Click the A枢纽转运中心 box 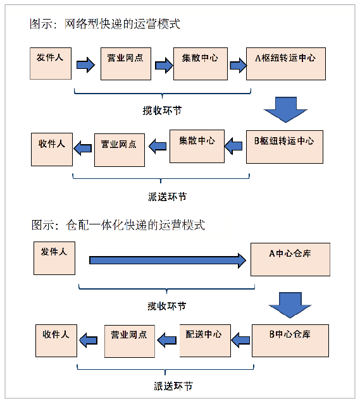286,64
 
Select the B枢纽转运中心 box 285,147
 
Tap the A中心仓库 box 290,259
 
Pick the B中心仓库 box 290,341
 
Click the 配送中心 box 205,341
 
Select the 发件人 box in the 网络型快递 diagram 51,63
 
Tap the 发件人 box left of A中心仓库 54,258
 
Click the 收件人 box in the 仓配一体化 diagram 56,341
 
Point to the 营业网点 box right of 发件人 126,64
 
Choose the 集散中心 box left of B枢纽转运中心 197,146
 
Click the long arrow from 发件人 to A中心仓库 168,260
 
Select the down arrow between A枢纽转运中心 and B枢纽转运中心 285,110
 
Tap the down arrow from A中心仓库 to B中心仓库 290,305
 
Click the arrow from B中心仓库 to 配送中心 240,340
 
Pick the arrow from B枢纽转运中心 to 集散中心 233,146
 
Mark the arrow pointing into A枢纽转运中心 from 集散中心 239,66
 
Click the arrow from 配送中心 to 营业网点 167,340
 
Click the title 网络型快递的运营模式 122,24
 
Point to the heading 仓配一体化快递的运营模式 135,225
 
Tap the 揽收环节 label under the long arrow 166,306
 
